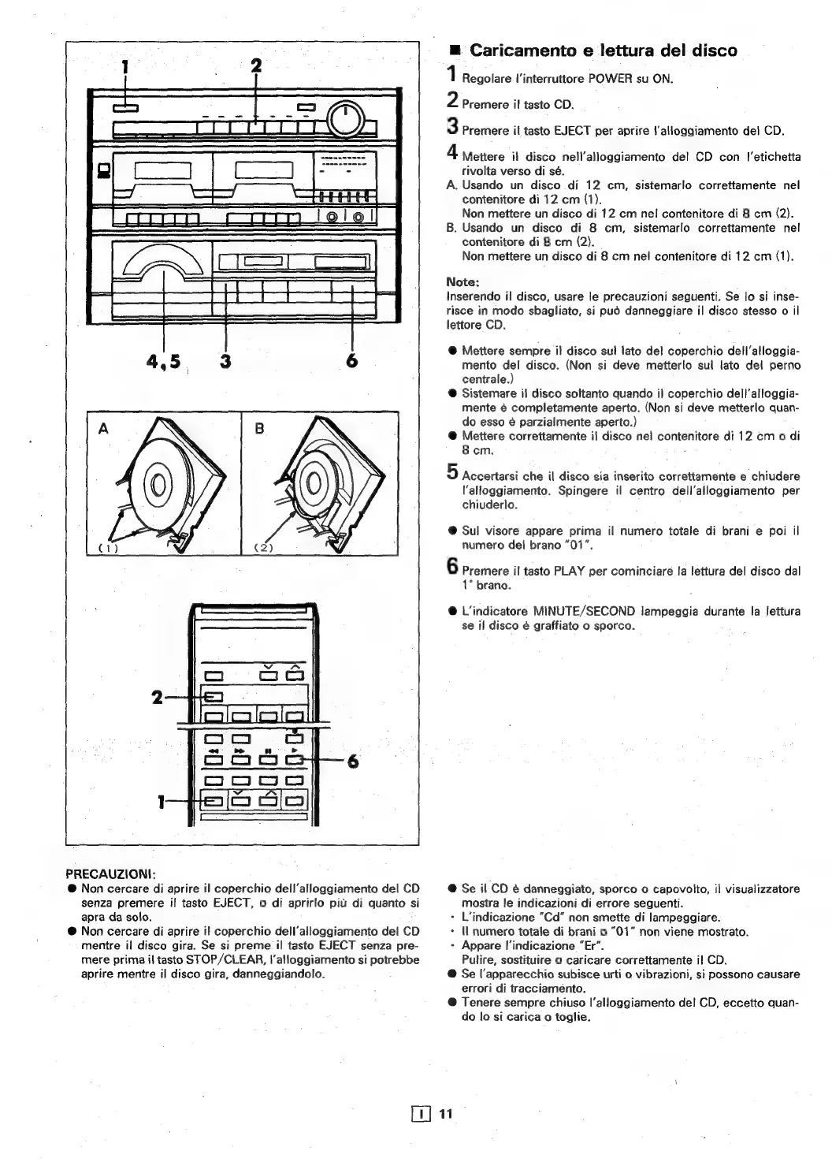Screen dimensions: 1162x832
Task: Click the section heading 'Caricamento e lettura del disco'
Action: [603, 50]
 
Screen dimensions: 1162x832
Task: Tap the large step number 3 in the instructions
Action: [452, 126]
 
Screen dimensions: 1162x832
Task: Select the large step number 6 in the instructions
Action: [452, 567]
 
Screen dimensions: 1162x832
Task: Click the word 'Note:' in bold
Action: [462, 281]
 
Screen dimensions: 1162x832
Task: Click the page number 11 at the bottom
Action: [446, 1114]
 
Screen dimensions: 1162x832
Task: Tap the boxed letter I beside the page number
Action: [423, 1114]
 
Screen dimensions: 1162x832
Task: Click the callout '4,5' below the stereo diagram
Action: [163, 362]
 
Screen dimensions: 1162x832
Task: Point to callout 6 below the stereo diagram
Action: [352, 361]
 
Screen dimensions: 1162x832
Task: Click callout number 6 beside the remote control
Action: [352, 762]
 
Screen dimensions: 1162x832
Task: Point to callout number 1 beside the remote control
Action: [161, 802]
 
